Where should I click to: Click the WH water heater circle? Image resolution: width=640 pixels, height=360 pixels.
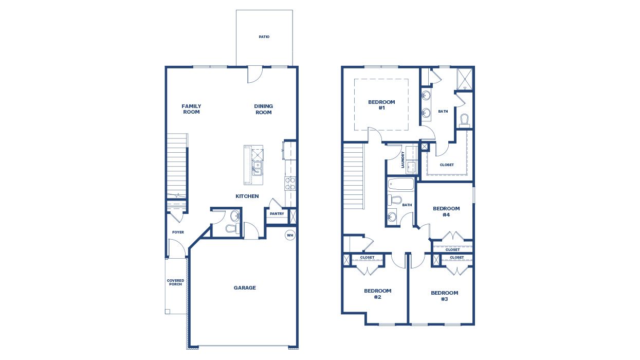(x=290, y=235)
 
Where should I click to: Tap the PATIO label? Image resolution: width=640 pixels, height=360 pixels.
(x=264, y=37)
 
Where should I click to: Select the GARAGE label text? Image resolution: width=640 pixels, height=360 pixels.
(x=245, y=288)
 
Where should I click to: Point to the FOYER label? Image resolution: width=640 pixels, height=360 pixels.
(x=178, y=232)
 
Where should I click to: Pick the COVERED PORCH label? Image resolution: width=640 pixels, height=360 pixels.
(x=175, y=282)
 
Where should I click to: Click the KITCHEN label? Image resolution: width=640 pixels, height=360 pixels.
(x=247, y=196)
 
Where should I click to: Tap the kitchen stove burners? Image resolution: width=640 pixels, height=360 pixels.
(x=290, y=184)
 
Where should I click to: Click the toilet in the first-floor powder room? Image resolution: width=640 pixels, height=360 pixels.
(x=232, y=228)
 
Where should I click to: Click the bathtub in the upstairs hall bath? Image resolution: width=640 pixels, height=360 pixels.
(x=401, y=184)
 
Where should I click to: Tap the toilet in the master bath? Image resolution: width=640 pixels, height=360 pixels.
(x=465, y=120)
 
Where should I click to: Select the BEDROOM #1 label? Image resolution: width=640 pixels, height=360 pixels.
(x=381, y=105)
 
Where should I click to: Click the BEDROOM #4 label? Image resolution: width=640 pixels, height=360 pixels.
(x=446, y=211)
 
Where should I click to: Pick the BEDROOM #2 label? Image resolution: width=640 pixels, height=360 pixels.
(x=377, y=294)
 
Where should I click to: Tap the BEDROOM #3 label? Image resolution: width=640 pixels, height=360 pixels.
(x=444, y=296)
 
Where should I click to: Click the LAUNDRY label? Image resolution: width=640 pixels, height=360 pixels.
(x=403, y=159)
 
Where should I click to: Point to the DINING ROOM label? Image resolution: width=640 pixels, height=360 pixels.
(x=264, y=109)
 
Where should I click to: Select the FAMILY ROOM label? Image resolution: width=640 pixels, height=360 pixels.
(x=191, y=109)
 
